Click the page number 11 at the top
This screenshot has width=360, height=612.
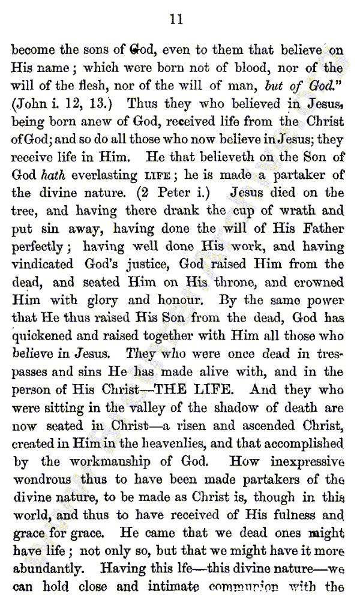point(176,20)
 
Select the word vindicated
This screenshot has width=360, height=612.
point(42,265)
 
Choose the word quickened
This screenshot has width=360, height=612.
point(41,337)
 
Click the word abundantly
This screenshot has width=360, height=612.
point(50,569)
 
